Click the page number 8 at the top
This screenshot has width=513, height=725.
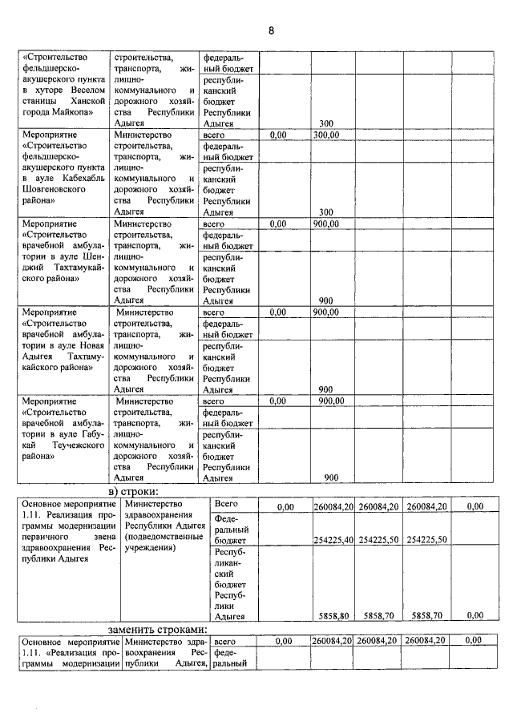[x=271, y=30]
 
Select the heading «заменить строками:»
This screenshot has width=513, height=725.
[x=158, y=629]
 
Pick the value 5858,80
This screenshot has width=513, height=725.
[x=333, y=616]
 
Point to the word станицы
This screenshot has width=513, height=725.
[x=41, y=102]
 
